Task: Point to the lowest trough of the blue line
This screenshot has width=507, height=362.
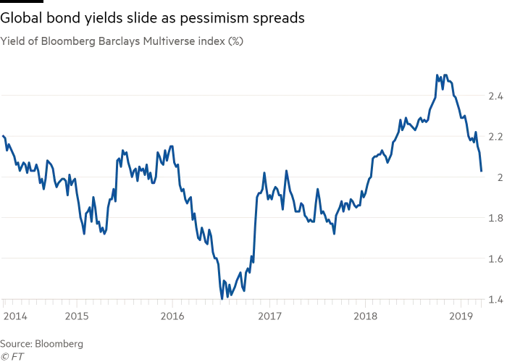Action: [x=222, y=298]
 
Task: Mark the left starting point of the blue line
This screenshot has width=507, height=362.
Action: [x=5, y=136]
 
